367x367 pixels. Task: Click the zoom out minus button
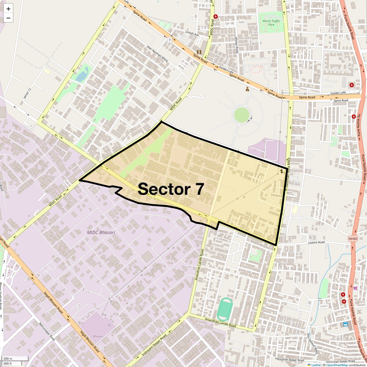[x=8, y=18]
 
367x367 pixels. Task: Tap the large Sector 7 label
[x=171, y=189]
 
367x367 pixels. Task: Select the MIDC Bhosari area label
[x=101, y=232]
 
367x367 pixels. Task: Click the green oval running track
[x=225, y=309]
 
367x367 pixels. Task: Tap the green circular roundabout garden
[x=242, y=115]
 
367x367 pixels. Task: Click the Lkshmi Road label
[x=317, y=243]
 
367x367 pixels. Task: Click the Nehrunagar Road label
[x=47, y=332]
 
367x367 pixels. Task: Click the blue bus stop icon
[x=346, y=324]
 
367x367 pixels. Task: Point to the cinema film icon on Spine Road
[x=199, y=52]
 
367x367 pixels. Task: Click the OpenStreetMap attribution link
[x=337, y=365]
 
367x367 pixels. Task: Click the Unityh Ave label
[x=192, y=33]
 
